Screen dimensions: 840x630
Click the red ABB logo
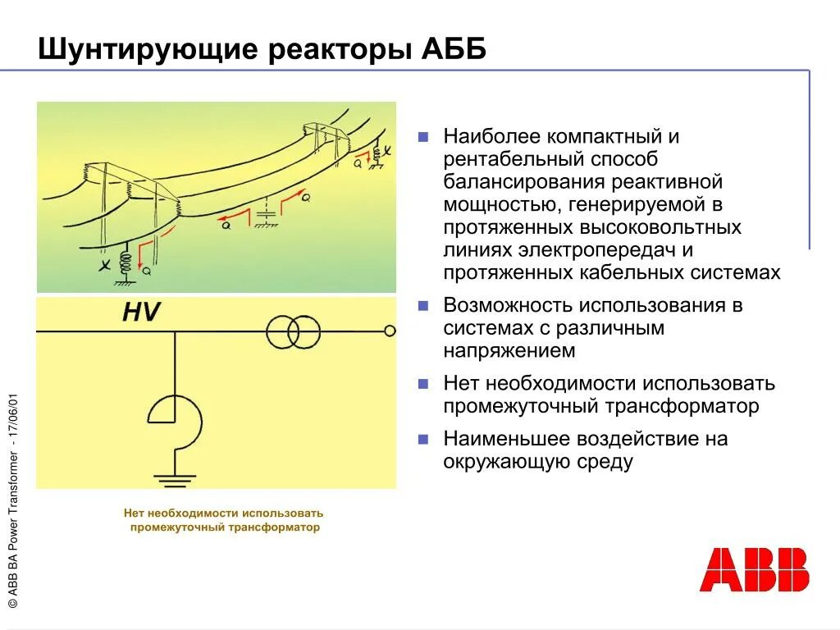click(754, 569)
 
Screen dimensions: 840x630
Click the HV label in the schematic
click(141, 313)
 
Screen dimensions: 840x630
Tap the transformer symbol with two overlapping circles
click(293, 331)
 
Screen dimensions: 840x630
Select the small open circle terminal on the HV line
click(390, 331)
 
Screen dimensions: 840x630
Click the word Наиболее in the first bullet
click(491, 135)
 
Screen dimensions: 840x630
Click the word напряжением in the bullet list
click(509, 351)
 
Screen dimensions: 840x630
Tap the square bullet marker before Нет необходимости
click(423, 384)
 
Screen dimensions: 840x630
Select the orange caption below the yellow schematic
click(224, 520)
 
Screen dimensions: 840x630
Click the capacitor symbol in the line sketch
click(264, 215)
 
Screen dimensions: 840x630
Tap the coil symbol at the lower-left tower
click(126, 264)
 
